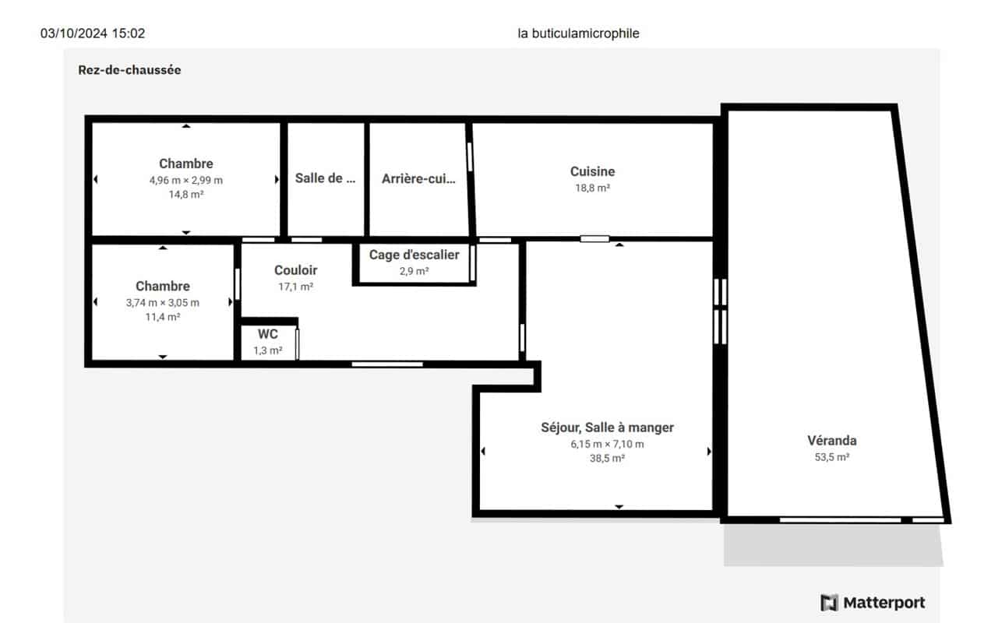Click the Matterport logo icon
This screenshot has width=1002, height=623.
coord(829,603)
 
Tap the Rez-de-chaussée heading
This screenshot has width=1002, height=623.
coord(129,70)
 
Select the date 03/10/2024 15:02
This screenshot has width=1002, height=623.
coord(93,33)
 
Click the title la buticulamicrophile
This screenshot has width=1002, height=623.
coord(578,33)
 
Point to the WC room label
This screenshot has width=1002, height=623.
coord(267,334)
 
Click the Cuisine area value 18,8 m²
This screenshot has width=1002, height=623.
coord(592,188)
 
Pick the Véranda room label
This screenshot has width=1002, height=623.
coord(831,441)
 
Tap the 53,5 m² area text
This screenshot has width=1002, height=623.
coord(831,457)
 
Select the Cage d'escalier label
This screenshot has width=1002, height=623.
coord(414,255)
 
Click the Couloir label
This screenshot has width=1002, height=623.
coord(295,270)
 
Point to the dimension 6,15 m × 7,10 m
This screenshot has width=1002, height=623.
coord(607,444)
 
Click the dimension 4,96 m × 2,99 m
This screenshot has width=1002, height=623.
coord(185,180)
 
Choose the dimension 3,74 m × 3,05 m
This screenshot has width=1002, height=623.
coord(162,303)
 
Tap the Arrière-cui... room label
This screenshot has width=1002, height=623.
coord(418,179)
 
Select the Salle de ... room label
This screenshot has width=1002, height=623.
coord(325,178)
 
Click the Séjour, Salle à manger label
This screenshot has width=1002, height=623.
coord(607,428)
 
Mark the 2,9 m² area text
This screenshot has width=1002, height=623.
coord(414,271)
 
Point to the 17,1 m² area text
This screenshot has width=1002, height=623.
coord(295,287)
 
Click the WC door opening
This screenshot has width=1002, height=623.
coord(297,343)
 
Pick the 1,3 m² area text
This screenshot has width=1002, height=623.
coord(267,350)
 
